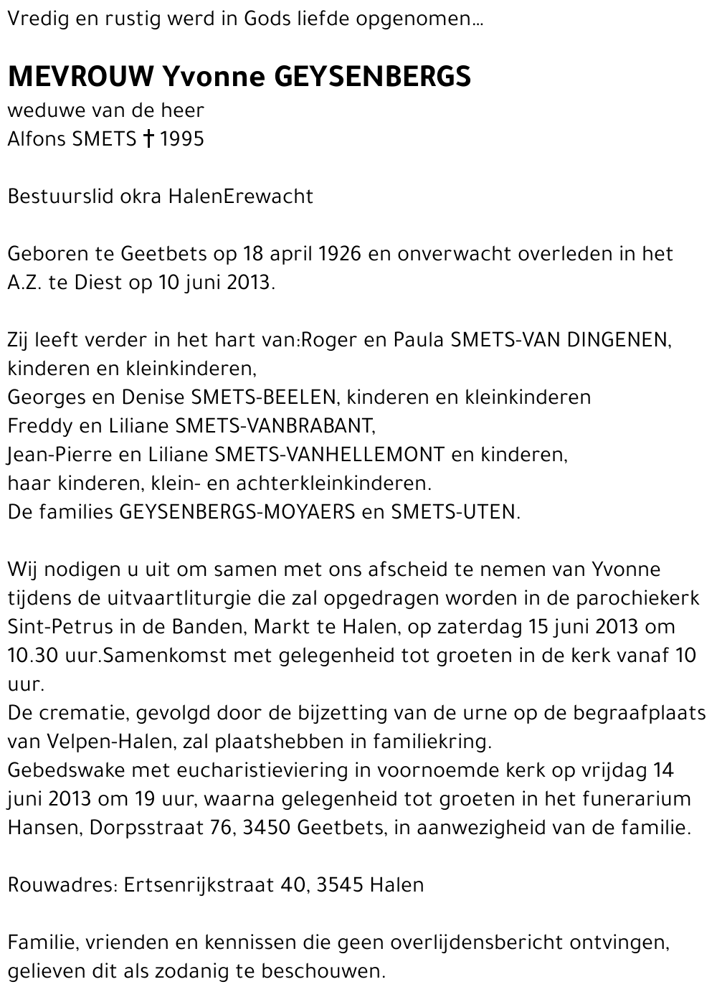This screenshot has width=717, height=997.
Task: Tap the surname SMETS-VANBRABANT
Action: click(x=275, y=425)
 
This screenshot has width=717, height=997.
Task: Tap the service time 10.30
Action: click(x=30, y=655)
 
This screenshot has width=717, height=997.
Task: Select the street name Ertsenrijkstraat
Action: click(x=199, y=884)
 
